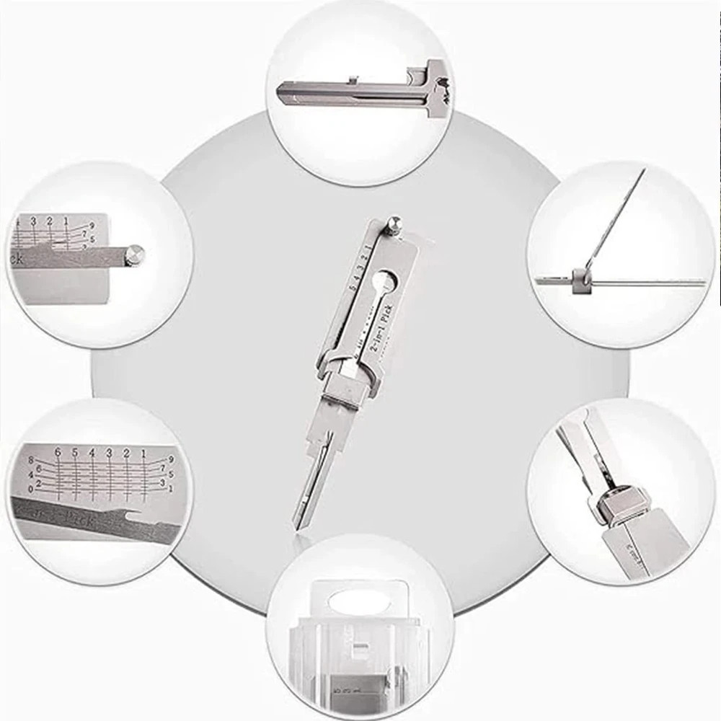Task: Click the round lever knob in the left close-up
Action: [x=134, y=254]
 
